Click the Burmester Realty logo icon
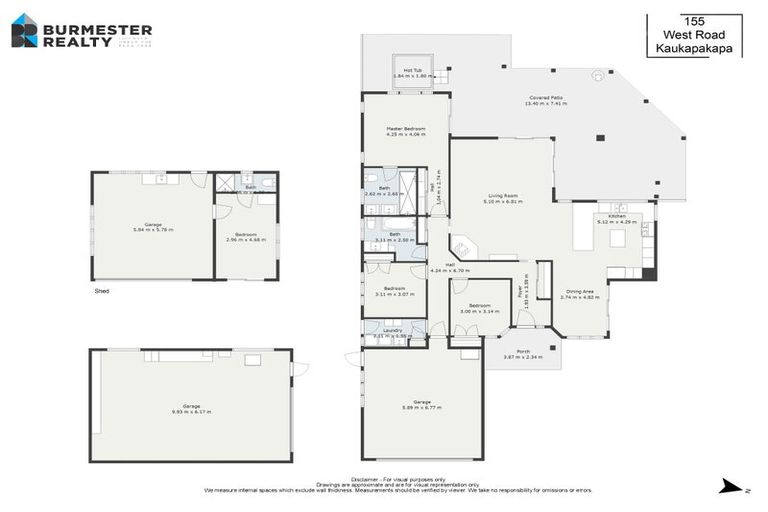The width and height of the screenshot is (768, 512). (x=24, y=31)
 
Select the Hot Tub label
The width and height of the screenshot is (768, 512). (x=412, y=70)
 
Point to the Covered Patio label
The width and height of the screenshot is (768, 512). (x=546, y=98)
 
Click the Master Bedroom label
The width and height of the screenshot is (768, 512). (x=407, y=129)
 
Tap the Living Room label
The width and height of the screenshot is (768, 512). (x=502, y=196)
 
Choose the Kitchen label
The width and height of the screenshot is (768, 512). (x=617, y=216)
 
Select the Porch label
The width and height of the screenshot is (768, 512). (x=522, y=351)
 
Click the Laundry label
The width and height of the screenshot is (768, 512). (x=392, y=330)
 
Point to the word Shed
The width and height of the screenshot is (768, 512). (x=103, y=291)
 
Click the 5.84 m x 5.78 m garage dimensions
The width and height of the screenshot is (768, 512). (x=153, y=230)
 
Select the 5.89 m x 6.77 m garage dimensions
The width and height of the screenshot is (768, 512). (x=422, y=407)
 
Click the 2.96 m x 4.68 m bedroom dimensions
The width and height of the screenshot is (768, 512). (x=244, y=240)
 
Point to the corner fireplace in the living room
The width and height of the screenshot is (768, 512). (x=463, y=245)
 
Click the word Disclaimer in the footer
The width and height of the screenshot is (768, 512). (x=367, y=479)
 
